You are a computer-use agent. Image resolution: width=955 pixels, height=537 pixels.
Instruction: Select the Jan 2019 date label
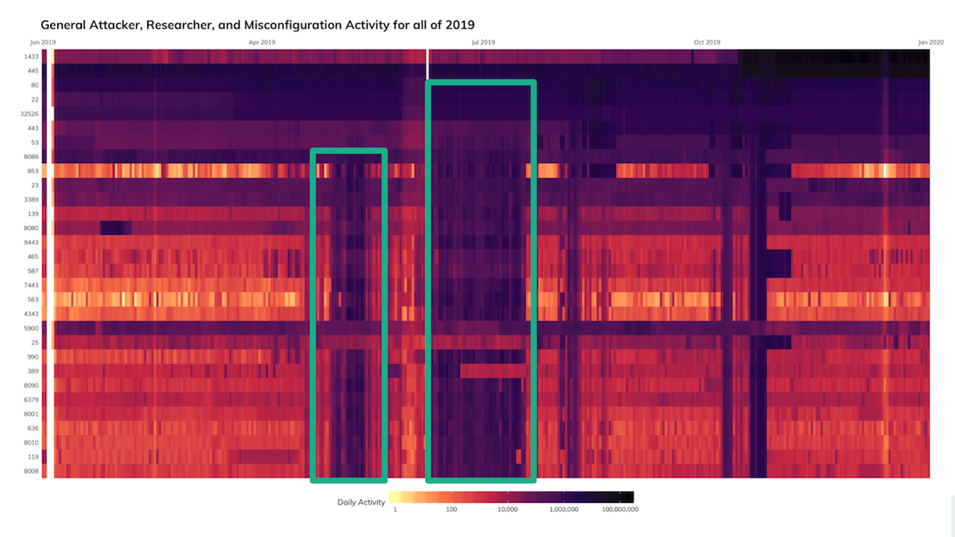click(44, 41)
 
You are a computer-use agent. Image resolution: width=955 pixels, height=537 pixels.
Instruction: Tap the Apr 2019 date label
click(262, 41)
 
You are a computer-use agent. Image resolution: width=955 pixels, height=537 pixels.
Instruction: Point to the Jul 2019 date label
click(483, 41)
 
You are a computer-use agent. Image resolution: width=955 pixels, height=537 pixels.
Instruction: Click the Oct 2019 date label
click(707, 41)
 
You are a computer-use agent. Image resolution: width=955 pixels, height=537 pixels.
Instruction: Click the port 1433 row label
click(32, 56)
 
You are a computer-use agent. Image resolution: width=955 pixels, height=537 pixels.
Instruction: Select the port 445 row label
click(33, 71)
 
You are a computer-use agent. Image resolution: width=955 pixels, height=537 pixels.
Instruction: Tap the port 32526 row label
click(30, 114)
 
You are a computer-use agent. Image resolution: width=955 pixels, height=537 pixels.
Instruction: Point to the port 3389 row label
click(32, 200)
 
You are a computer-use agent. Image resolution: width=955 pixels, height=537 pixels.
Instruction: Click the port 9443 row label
click(32, 243)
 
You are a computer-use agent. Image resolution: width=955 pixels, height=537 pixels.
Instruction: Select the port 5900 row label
click(32, 329)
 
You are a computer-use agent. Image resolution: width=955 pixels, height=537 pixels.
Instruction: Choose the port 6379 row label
click(32, 400)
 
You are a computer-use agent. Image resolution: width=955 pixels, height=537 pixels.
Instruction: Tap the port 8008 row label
click(32, 472)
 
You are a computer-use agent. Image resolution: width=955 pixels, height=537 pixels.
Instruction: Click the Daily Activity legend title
click(361, 503)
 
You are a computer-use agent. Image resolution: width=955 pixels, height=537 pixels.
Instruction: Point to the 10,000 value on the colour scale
click(507, 509)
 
